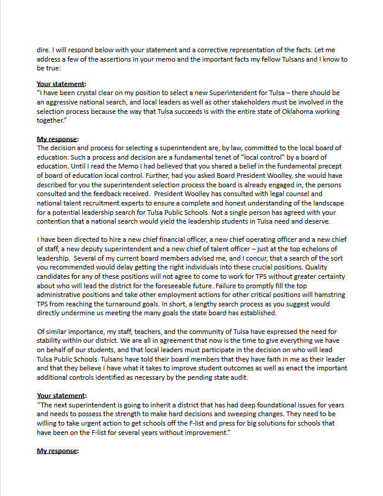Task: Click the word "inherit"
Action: point(141,405)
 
